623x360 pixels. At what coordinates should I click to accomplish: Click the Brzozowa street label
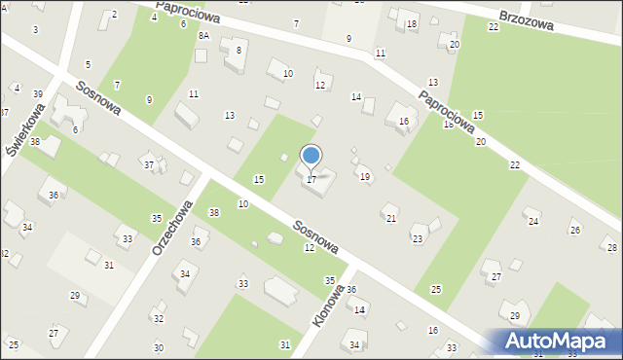pos(526,21)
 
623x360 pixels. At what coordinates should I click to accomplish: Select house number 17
pos(311,179)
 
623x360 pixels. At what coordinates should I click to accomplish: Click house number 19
pos(365,177)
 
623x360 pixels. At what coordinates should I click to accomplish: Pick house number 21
pos(391,219)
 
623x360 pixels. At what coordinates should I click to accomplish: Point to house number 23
pos(418,238)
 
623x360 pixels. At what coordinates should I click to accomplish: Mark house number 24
pos(533,222)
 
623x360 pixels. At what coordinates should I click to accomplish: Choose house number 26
pos(575,231)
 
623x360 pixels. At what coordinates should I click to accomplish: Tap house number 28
pos(610,248)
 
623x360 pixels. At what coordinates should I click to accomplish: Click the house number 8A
pos(203,35)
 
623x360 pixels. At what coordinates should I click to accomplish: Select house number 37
pos(149,165)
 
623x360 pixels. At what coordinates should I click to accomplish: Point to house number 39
pos(38,94)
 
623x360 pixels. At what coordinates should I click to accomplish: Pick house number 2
pos(114,14)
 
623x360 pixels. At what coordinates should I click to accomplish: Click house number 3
pos(36,30)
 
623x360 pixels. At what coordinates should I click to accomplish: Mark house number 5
pos(88,64)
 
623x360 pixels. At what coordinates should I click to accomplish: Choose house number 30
pos(159,347)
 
